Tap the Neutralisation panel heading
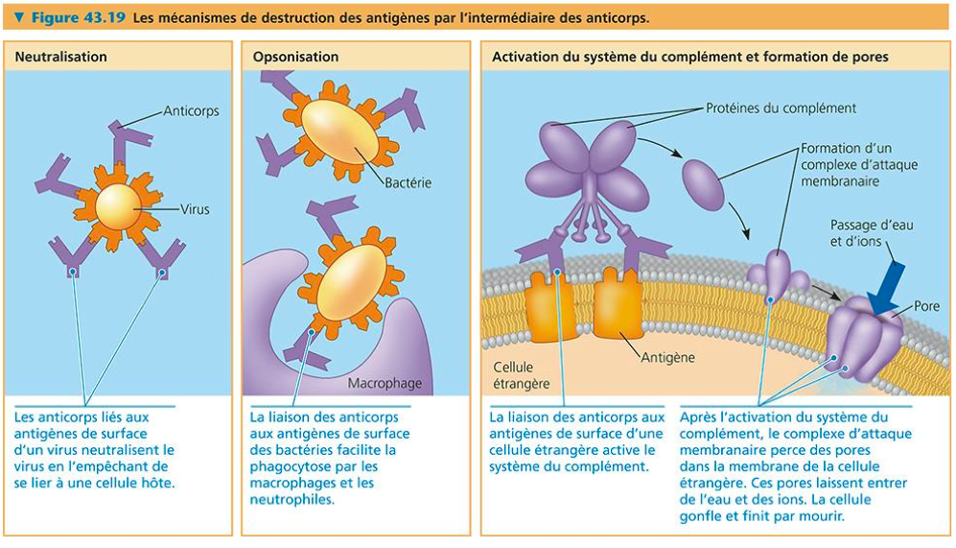[60, 57]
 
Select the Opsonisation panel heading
[295, 57]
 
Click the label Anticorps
[191, 110]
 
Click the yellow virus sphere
[118, 205]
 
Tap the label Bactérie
[408, 182]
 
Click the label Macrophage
[385, 383]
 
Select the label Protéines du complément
[781, 107]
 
